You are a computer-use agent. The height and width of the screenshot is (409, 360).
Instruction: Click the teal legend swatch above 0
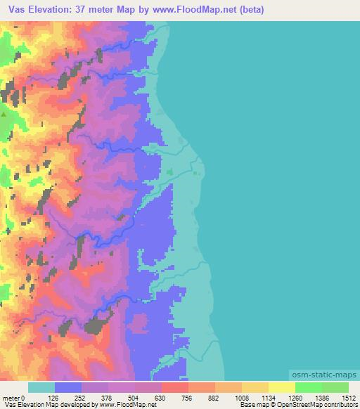click(41, 387)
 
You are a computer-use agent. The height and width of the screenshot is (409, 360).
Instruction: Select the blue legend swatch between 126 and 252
click(68, 387)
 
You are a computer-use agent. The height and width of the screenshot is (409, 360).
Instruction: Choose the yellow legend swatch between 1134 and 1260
click(282, 387)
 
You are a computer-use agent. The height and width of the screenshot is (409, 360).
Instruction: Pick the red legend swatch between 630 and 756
click(175, 387)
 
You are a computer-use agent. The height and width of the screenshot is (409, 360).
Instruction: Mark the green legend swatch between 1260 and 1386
click(309, 387)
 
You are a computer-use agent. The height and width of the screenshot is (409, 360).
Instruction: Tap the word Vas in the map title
click(15, 8)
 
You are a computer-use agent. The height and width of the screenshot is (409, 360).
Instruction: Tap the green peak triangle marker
click(4, 113)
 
